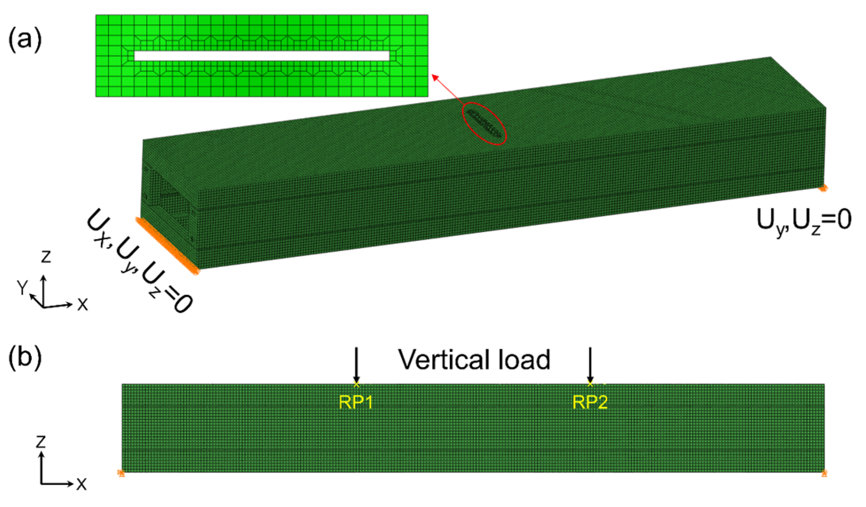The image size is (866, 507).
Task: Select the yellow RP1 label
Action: [356, 403]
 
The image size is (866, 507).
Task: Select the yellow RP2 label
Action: [590, 403]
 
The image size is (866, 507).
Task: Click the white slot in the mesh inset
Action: [262, 56]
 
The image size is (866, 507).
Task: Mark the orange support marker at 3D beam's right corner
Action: [823, 188]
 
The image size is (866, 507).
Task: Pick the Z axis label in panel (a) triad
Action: [46, 257]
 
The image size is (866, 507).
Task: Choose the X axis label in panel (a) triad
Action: [82, 305]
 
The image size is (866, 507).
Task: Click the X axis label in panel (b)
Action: [81, 484]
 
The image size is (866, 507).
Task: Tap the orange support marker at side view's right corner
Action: [824, 473]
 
